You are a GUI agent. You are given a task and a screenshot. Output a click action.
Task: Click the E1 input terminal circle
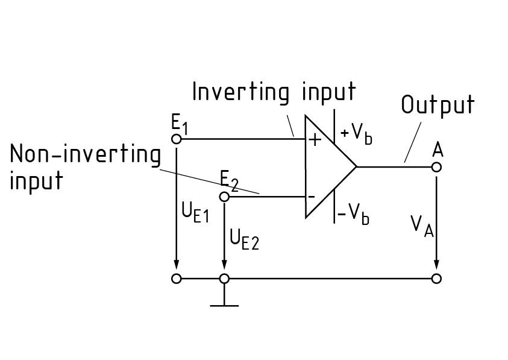coord(177,139)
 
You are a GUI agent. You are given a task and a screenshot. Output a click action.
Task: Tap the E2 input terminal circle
coord(224,197)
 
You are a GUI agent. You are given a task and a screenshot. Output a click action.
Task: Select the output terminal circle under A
coord(437,167)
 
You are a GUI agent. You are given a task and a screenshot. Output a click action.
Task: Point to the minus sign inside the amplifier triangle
coord(312,197)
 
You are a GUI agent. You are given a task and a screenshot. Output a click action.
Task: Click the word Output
coord(438,105)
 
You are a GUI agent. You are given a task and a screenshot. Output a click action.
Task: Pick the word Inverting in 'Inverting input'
coord(237,92)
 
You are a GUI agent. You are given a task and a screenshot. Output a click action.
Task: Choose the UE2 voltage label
coord(244,239)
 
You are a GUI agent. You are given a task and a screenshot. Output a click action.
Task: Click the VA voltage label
coord(422,226)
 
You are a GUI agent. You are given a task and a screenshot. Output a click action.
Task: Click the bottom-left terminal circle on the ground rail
coord(177,279)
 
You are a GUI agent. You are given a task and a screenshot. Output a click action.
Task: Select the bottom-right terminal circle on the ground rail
coord(437,279)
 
